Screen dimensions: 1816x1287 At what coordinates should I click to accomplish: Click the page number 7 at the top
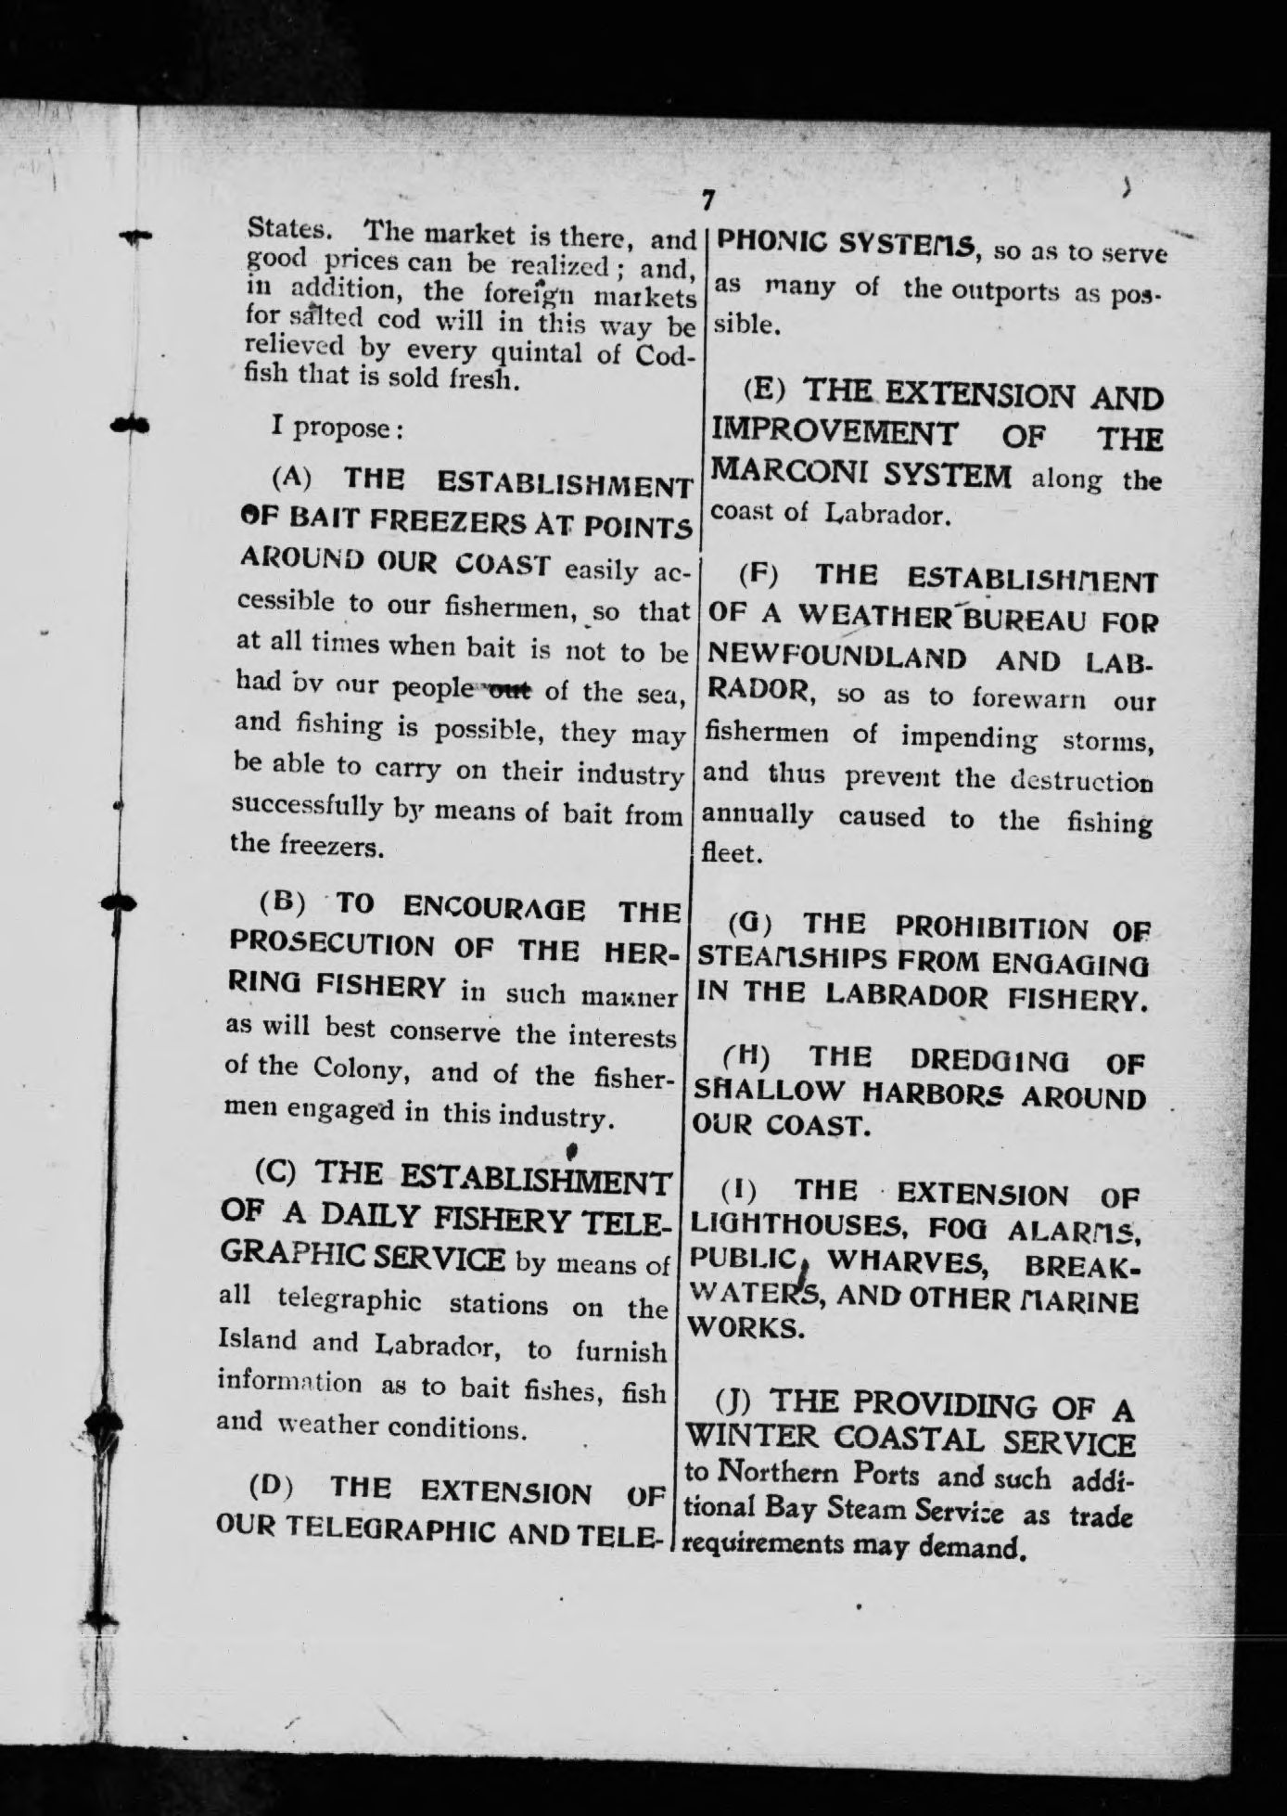coord(707,198)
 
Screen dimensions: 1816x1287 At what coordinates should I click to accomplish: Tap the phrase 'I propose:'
coord(338,428)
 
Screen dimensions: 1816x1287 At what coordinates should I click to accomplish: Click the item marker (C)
coord(276,1170)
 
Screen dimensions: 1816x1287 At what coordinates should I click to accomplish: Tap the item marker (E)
coord(765,388)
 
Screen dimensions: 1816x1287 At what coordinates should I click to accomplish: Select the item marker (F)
coord(758,574)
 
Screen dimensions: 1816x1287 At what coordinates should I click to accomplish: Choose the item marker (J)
coord(738,1403)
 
